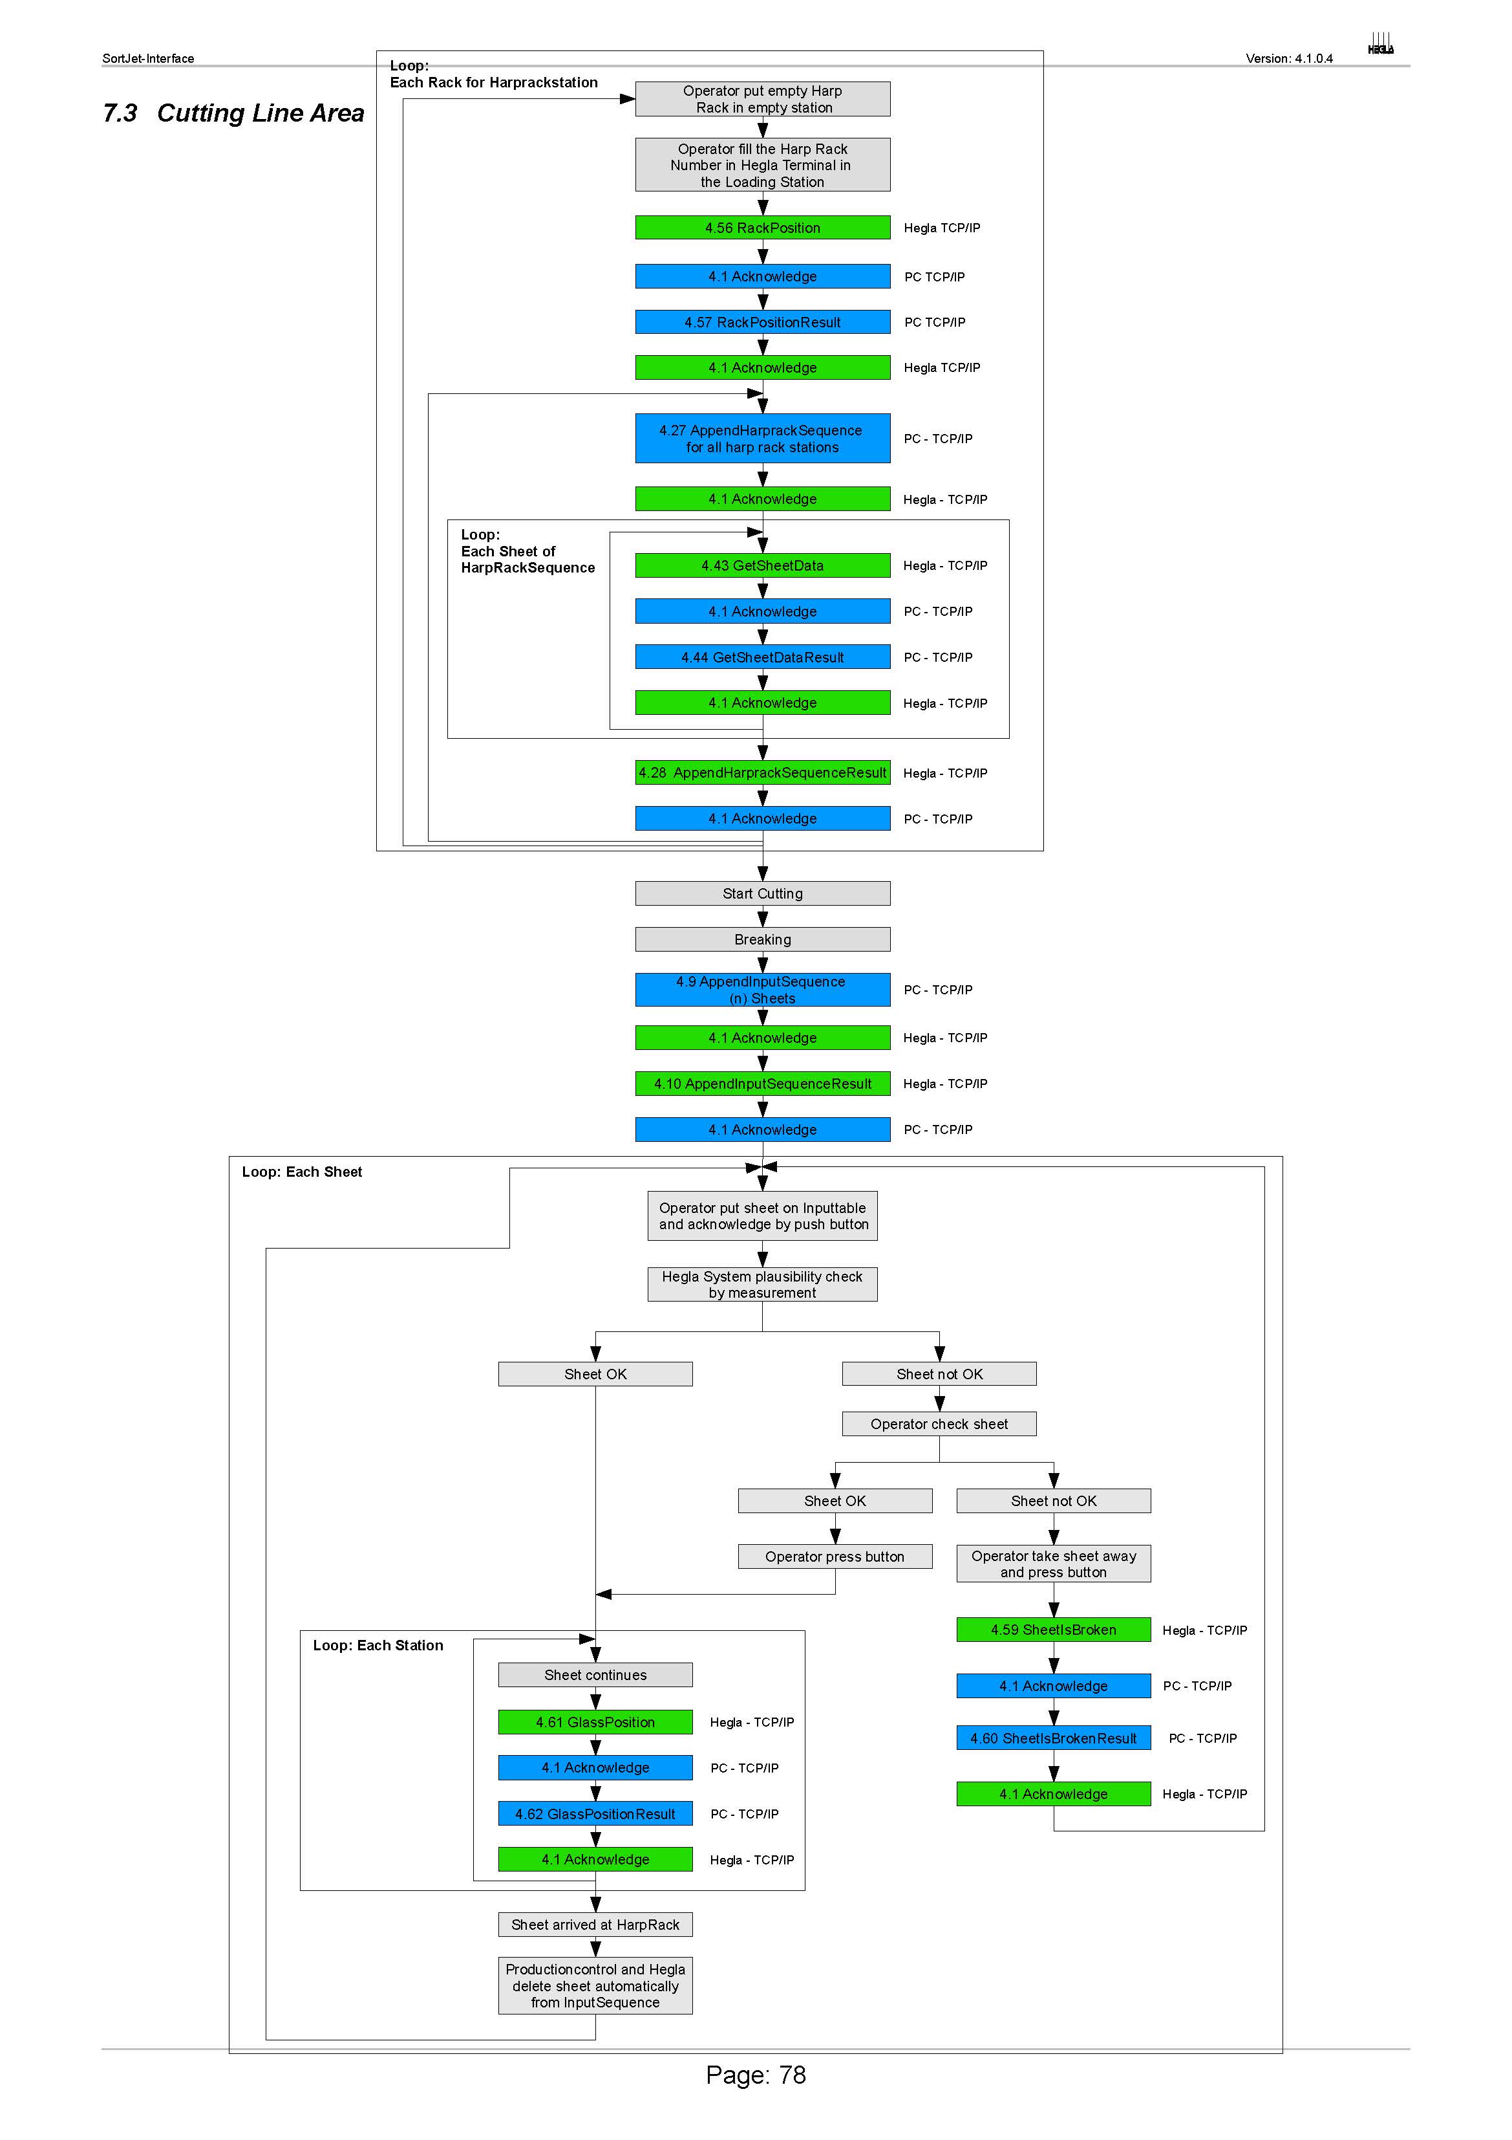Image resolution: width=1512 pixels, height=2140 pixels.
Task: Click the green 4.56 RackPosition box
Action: [x=762, y=228]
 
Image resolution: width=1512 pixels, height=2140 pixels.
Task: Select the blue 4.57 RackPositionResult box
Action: [x=762, y=322]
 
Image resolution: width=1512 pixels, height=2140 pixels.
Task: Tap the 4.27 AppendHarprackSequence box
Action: [x=762, y=438]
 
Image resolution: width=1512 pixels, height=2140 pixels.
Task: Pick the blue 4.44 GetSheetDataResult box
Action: [x=762, y=657]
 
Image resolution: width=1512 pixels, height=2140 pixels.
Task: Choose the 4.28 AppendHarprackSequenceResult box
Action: [x=762, y=772]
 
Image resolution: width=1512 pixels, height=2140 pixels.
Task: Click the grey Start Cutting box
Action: [x=762, y=893]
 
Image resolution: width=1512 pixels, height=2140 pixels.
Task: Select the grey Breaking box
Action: [x=762, y=939]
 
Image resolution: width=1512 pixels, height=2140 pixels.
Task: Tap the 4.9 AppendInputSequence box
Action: [x=762, y=990]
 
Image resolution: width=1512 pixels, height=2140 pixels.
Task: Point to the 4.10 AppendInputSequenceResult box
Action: [x=762, y=1083]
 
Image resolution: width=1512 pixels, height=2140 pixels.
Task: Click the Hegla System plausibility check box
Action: [x=762, y=1284]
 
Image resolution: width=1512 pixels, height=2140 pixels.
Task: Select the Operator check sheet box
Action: [x=939, y=1424]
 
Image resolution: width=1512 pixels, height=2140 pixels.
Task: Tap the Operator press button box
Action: [x=835, y=1556]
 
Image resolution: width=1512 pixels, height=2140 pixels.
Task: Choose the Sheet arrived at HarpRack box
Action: [x=595, y=1925]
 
